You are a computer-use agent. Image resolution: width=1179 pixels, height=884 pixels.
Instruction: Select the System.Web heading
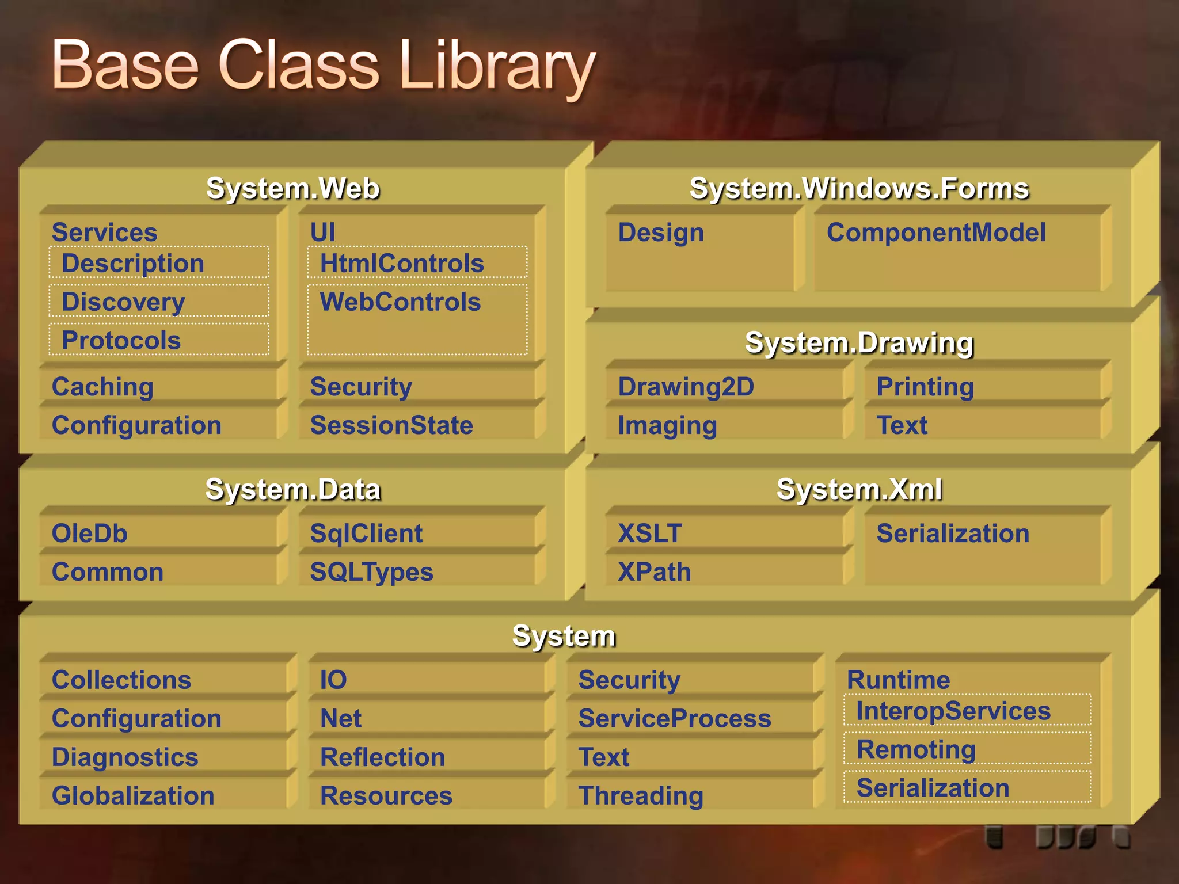click(293, 188)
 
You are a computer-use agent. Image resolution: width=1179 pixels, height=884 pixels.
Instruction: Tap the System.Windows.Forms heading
click(859, 188)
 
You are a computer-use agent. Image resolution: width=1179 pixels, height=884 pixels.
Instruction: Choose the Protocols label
click(121, 340)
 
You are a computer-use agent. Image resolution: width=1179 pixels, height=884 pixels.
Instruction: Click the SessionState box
click(391, 425)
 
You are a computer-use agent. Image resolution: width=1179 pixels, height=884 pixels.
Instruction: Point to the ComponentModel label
click(936, 233)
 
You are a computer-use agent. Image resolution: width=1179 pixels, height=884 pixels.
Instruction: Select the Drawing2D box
click(686, 387)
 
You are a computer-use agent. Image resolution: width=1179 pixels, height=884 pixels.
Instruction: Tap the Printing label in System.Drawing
click(925, 387)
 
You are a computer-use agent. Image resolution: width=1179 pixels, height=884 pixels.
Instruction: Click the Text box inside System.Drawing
click(902, 425)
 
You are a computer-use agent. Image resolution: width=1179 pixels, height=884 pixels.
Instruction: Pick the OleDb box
click(89, 534)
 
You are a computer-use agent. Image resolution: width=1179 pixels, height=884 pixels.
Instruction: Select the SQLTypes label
click(371, 572)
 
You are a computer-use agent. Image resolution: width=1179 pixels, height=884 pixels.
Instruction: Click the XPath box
click(654, 572)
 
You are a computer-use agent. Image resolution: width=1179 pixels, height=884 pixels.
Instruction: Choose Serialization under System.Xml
click(953, 534)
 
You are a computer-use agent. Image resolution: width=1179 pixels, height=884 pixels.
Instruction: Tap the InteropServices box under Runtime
click(953, 711)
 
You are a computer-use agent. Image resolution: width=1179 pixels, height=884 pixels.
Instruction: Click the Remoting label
click(916, 749)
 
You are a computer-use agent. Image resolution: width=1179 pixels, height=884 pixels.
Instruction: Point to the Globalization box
click(133, 796)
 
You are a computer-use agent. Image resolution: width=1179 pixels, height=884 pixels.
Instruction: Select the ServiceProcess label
click(675, 719)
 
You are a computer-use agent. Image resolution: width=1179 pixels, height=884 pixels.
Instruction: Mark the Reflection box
click(383, 757)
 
